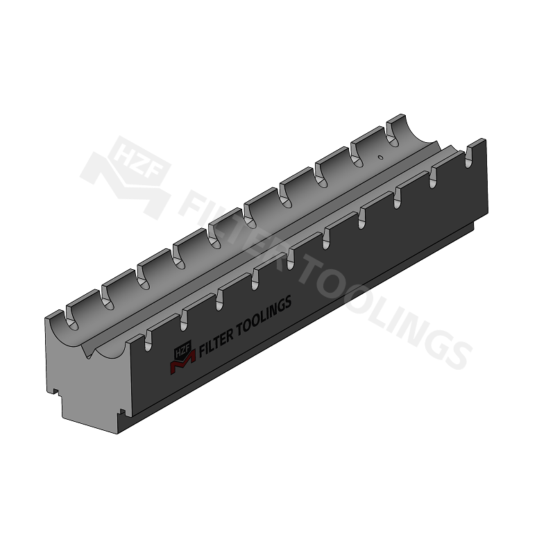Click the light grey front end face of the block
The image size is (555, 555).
tap(90, 388)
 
